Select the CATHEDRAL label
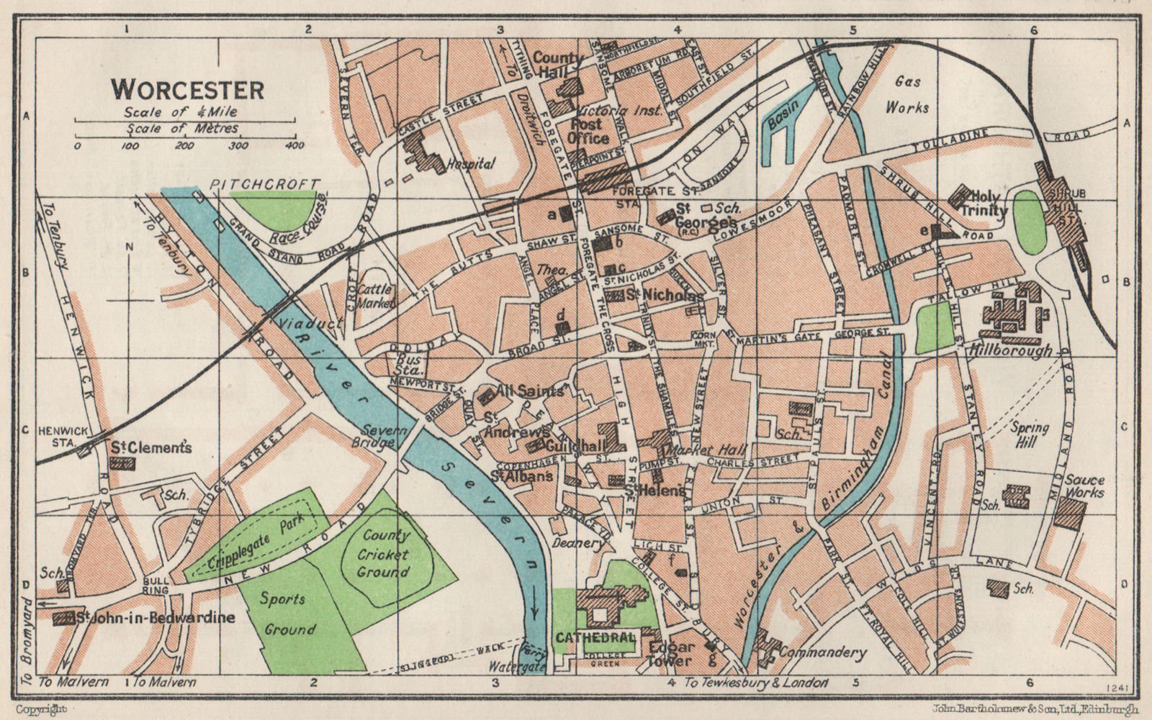[595, 637]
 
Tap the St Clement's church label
[150, 447]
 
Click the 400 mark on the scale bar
[294, 145]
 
